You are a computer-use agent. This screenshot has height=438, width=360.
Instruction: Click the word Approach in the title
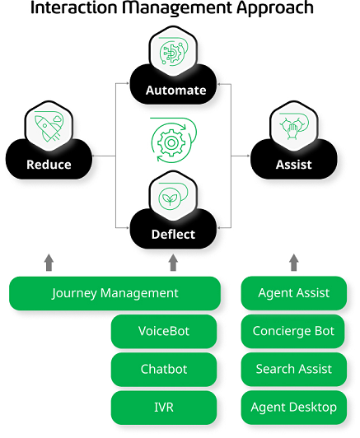pyautogui.click(x=275, y=8)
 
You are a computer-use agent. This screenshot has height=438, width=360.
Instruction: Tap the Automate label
pyautogui.click(x=175, y=91)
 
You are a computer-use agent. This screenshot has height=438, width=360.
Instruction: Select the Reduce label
pyautogui.click(x=49, y=165)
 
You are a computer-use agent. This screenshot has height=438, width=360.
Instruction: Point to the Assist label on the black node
pyautogui.click(x=294, y=165)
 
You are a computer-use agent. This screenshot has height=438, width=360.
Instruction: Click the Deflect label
pyautogui.click(x=173, y=235)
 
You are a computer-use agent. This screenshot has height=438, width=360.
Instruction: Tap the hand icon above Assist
pyautogui.click(x=294, y=126)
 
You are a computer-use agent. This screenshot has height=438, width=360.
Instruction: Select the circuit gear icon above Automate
pyautogui.click(x=173, y=51)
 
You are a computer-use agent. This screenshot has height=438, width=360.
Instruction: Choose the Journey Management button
pyautogui.click(x=115, y=293)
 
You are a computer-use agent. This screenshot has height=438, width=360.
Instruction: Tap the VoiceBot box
pyautogui.click(x=164, y=331)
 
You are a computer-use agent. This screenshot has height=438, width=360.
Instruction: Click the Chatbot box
pyautogui.click(x=164, y=370)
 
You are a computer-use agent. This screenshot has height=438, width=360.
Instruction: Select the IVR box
pyautogui.click(x=164, y=408)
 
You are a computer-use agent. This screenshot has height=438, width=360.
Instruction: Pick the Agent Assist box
pyautogui.click(x=294, y=293)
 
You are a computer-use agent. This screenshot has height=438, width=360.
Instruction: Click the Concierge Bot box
pyautogui.click(x=294, y=331)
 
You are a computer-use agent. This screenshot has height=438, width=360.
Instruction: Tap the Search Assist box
pyautogui.click(x=294, y=370)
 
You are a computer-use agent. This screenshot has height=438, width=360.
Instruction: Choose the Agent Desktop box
pyautogui.click(x=294, y=408)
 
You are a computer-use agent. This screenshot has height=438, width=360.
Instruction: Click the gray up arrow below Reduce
pyautogui.click(x=49, y=263)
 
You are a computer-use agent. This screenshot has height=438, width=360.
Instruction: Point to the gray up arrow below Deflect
pyautogui.click(x=173, y=263)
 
